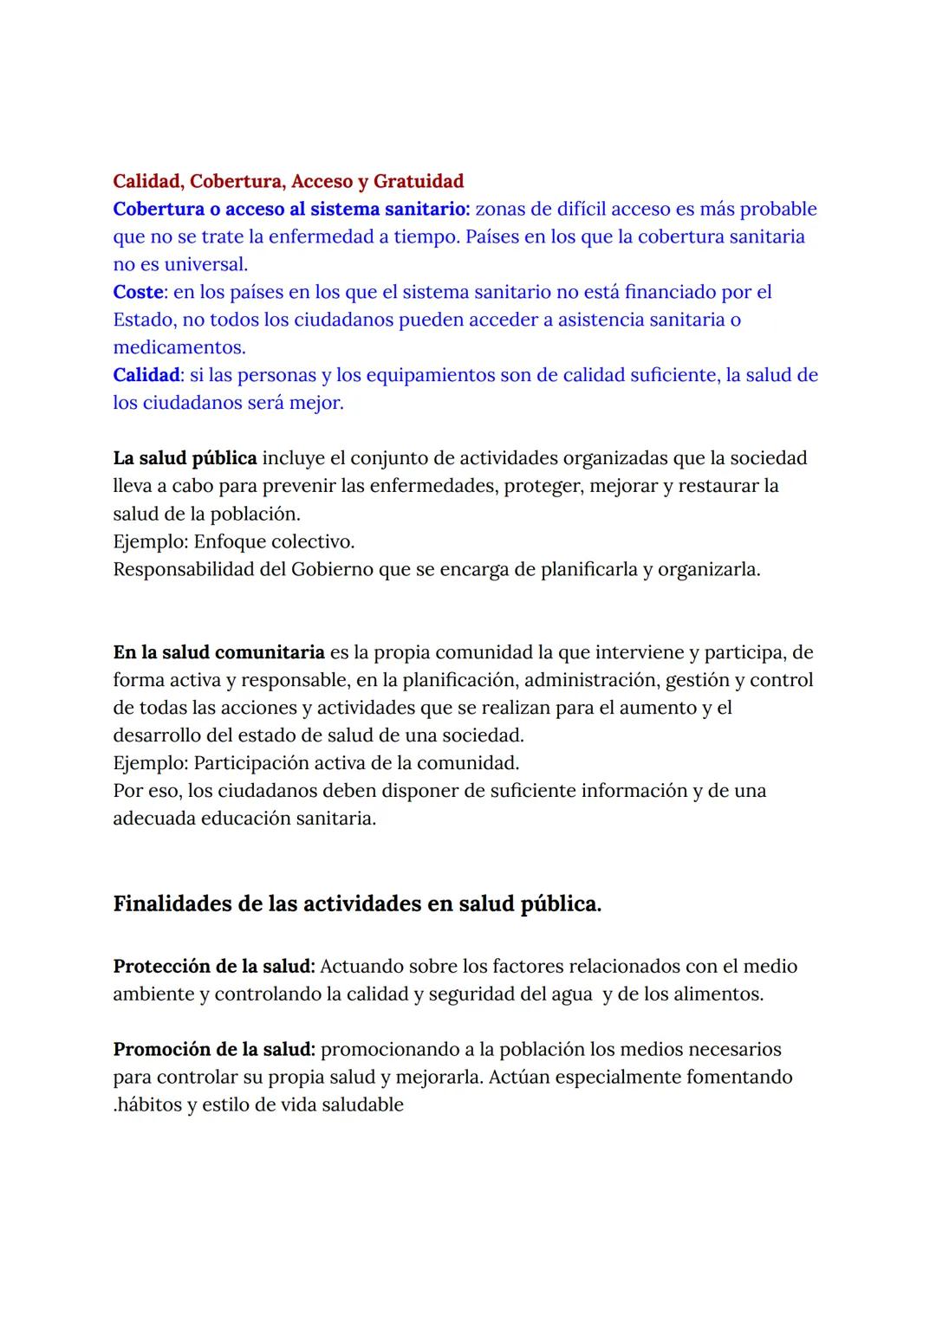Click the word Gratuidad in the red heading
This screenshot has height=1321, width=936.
(419, 181)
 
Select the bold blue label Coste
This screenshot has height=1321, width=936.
(139, 292)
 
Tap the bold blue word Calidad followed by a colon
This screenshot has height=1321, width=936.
(146, 375)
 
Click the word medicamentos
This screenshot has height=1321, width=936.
(179, 347)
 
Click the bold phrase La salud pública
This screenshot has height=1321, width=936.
(185, 457)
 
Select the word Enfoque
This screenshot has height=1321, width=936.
(230, 541)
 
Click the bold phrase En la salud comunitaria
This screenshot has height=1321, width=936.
(218, 651)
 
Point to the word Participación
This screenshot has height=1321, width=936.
(250, 762)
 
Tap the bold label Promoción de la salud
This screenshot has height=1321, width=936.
(214, 1049)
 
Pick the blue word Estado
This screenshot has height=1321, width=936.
(144, 320)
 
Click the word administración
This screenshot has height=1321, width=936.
(591, 679)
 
